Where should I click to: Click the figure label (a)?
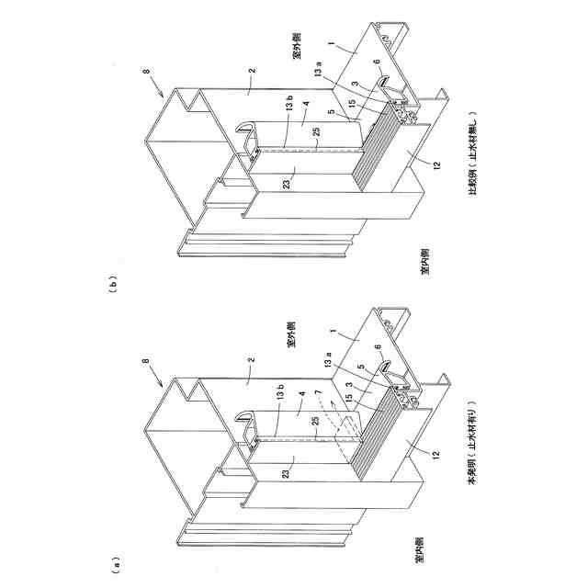tap(113, 559)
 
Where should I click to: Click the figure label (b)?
tap(113, 284)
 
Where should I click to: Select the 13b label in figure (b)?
tap(288, 107)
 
